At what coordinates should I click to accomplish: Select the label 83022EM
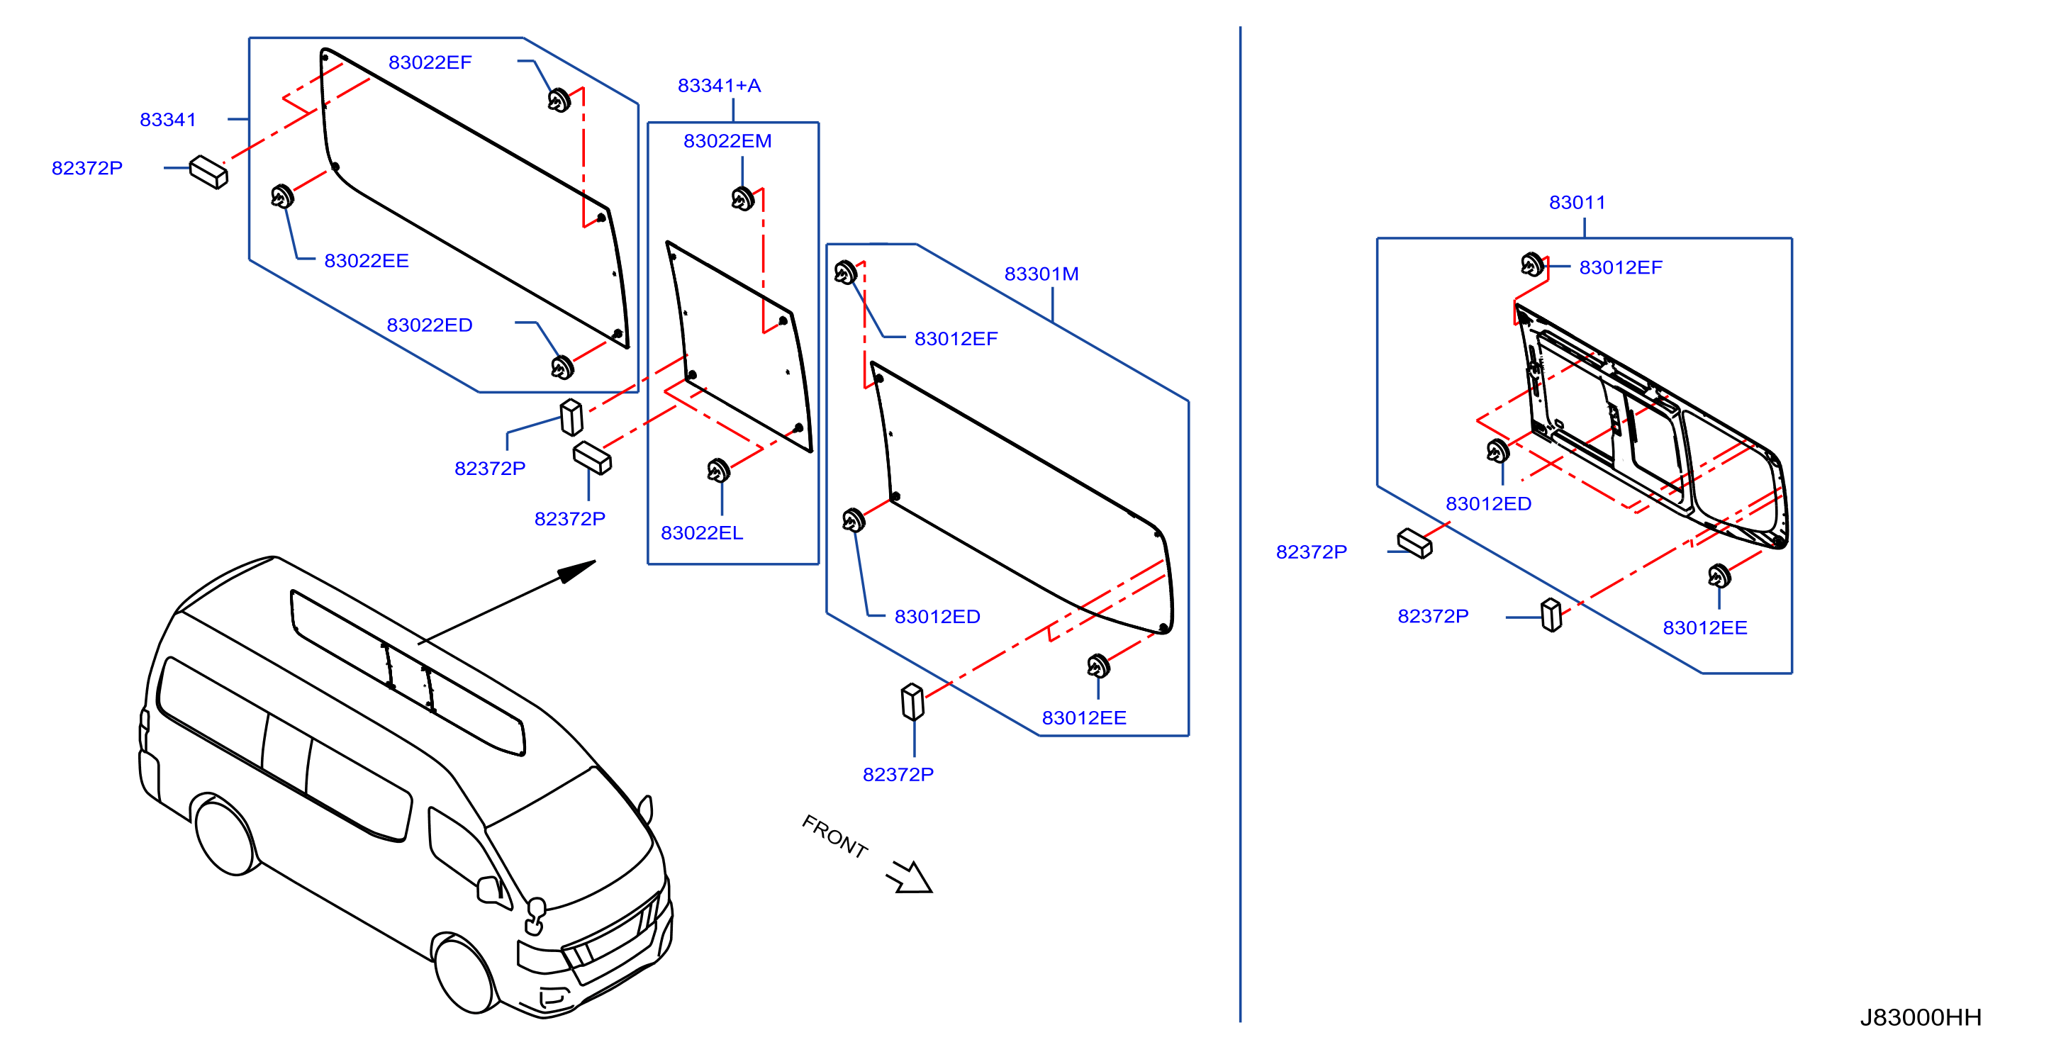click(727, 141)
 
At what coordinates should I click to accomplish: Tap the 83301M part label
click(1041, 274)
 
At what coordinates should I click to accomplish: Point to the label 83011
click(1577, 203)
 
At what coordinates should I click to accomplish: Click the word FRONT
click(834, 836)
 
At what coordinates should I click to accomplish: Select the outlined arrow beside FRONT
click(910, 877)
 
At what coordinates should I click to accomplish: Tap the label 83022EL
click(702, 533)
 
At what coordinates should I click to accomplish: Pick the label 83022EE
click(367, 261)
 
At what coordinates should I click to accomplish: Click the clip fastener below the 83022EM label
click(742, 198)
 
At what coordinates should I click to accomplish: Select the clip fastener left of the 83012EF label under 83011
click(1532, 264)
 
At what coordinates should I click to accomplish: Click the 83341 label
click(168, 120)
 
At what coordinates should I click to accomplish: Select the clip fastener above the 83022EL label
click(718, 471)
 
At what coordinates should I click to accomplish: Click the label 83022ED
click(430, 325)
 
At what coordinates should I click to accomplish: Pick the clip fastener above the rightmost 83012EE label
click(1719, 576)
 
